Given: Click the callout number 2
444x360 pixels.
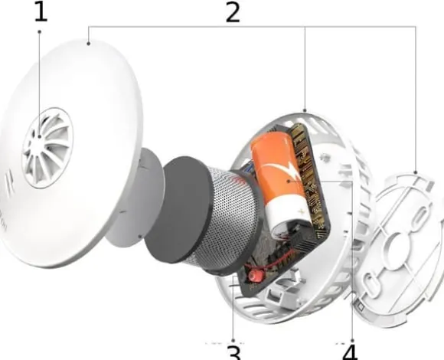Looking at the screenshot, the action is click(x=233, y=13).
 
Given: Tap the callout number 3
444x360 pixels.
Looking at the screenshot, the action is click(x=234, y=353).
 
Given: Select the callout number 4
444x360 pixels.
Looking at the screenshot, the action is click(x=351, y=353).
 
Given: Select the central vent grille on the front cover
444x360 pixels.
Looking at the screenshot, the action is click(x=47, y=148).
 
